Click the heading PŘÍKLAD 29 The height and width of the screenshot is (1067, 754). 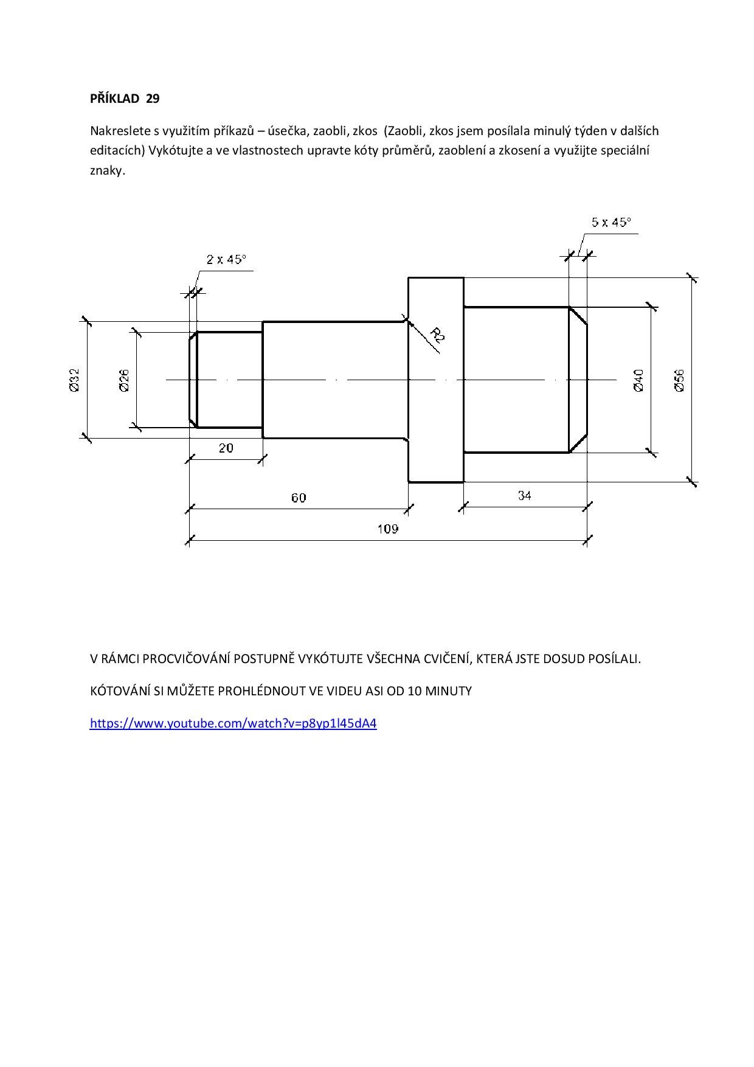tap(125, 99)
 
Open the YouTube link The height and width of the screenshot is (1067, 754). tap(233, 723)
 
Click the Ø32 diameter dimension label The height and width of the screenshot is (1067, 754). tap(74, 380)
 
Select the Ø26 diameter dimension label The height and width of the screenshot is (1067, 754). tap(125, 380)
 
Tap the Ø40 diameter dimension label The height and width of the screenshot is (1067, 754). tap(638, 380)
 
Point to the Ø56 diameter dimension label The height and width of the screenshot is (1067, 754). tap(680, 380)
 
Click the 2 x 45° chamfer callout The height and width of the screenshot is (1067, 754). tap(226, 260)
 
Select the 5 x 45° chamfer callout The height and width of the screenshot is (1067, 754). tap(611, 222)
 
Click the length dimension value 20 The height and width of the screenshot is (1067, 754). tap(226, 448)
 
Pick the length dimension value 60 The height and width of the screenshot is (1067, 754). tap(299, 498)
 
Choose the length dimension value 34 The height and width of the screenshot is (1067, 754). tap(525, 496)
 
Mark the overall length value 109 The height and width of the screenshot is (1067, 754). tap(388, 529)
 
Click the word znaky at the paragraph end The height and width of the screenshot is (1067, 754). tap(108, 171)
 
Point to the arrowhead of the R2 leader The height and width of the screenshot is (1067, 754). tap(409, 323)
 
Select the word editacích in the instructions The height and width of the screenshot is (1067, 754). tap(116, 151)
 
